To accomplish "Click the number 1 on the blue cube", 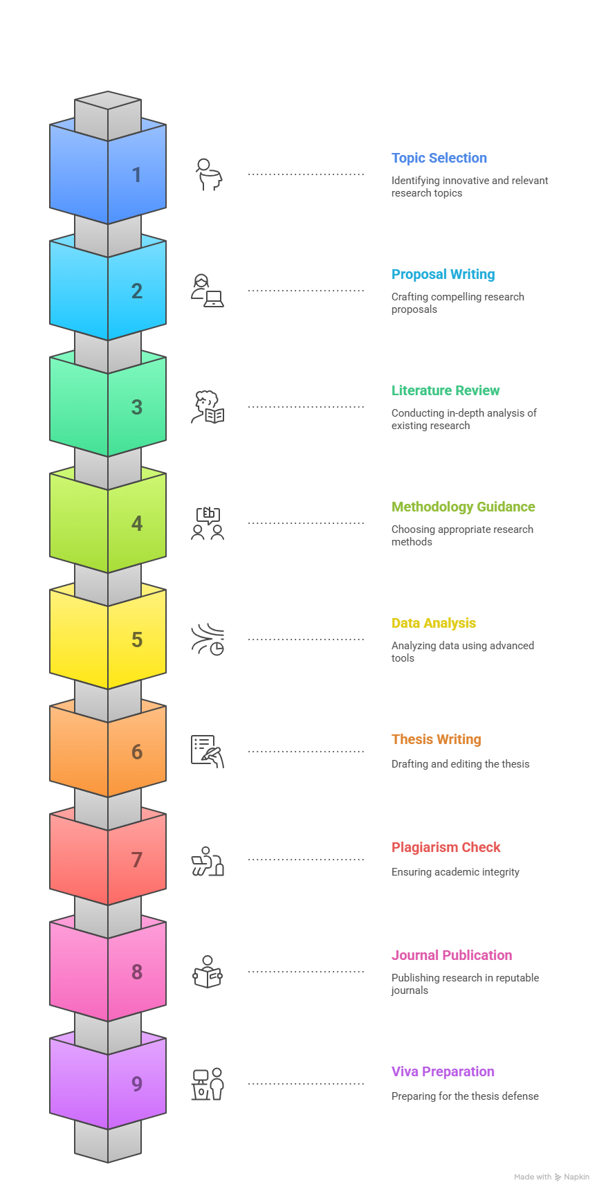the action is point(137,174).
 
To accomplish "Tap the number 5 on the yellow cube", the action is point(137,640).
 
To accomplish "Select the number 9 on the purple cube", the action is point(137,1084).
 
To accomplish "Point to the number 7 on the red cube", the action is point(137,860).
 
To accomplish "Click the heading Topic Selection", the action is point(439,158).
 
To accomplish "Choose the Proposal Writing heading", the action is point(443,274).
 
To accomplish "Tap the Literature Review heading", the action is point(446,390).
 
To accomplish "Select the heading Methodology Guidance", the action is point(463,507).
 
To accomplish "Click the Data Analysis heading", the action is point(434,623).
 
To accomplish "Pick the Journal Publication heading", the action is point(452,955).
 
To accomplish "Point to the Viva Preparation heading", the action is point(443,1071).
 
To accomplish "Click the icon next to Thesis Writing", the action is point(208,751).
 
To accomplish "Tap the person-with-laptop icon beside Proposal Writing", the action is point(208,290).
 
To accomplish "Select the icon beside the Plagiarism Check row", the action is point(208,860).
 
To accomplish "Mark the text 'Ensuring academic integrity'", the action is point(455,872).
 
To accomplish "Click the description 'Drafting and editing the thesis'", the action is point(460,764).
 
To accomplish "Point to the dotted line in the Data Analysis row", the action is point(306,640).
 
